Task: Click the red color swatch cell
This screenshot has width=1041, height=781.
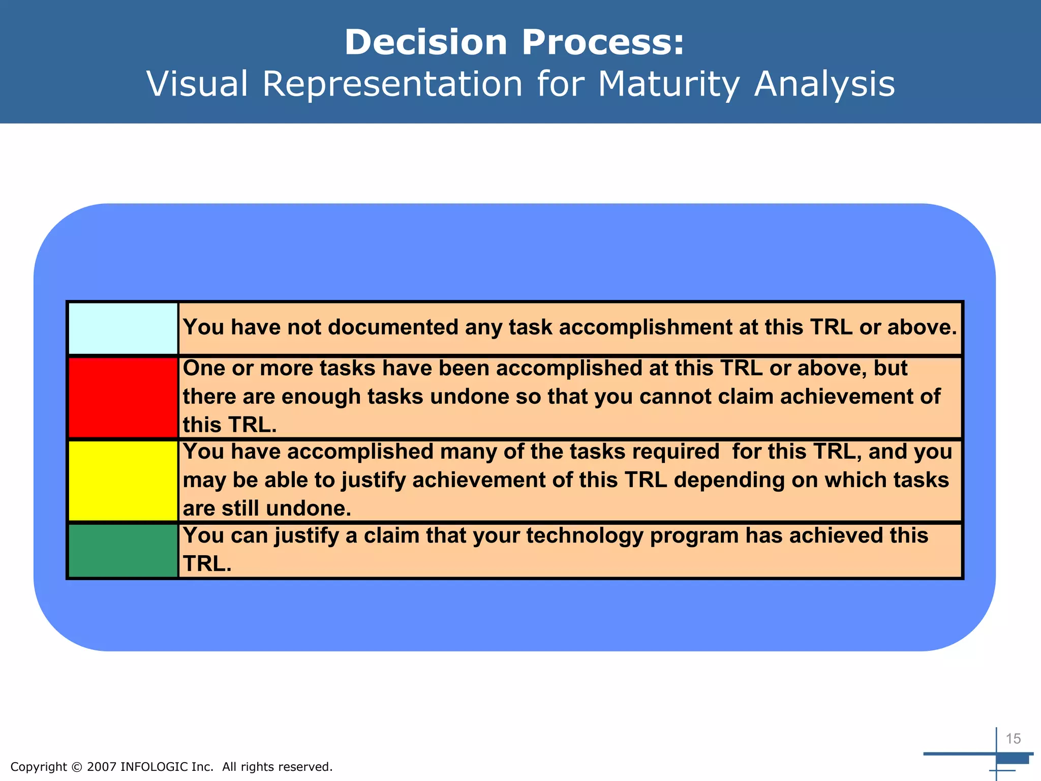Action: (123, 397)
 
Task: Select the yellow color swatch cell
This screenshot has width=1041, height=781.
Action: (123, 480)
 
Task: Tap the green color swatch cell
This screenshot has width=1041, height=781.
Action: (123, 551)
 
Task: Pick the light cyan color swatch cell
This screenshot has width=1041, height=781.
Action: (123, 328)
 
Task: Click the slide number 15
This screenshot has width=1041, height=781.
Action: (1013, 739)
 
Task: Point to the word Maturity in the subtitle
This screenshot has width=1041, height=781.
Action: (669, 84)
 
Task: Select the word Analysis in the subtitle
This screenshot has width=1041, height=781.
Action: (824, 84)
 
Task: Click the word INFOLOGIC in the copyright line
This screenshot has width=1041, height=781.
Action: (154, 767)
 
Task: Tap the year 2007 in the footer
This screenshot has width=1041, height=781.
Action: (102, 767)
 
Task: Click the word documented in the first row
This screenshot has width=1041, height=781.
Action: (373, 327)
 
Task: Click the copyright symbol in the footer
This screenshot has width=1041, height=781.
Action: (77, 767)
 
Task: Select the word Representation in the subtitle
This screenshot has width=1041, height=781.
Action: (392, 84)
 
